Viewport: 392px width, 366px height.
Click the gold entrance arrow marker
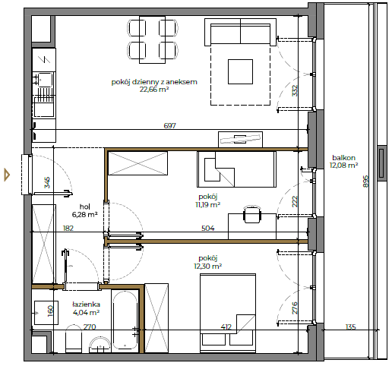coord(7,175)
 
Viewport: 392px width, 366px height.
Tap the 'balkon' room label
coord(343,158)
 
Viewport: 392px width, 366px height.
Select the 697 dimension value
coord(169,125)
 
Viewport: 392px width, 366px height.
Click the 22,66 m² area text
coord(154,89)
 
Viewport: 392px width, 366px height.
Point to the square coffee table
coord(240,71)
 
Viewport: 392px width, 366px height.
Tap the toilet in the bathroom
coord(74,339)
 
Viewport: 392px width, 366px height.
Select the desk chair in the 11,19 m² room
coord(252,214)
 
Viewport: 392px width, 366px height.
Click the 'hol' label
coord(85,207)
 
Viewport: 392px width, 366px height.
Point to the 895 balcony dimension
coord(366,181)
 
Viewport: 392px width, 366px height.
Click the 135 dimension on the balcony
coord(351,327)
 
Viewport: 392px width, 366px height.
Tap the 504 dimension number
coord(208,229)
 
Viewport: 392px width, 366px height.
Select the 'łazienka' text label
coord(86,304)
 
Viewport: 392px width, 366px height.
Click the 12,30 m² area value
coord(208,266)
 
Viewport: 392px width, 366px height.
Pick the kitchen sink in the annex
coord(44,80)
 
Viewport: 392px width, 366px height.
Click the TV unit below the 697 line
coord(240,139)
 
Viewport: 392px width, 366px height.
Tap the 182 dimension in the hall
coord(68,229)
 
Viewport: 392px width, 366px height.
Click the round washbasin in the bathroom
coord(100,345)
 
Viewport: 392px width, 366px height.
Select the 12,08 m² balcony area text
coord(343,166)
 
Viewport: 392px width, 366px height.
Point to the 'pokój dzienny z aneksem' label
coord(154,82)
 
